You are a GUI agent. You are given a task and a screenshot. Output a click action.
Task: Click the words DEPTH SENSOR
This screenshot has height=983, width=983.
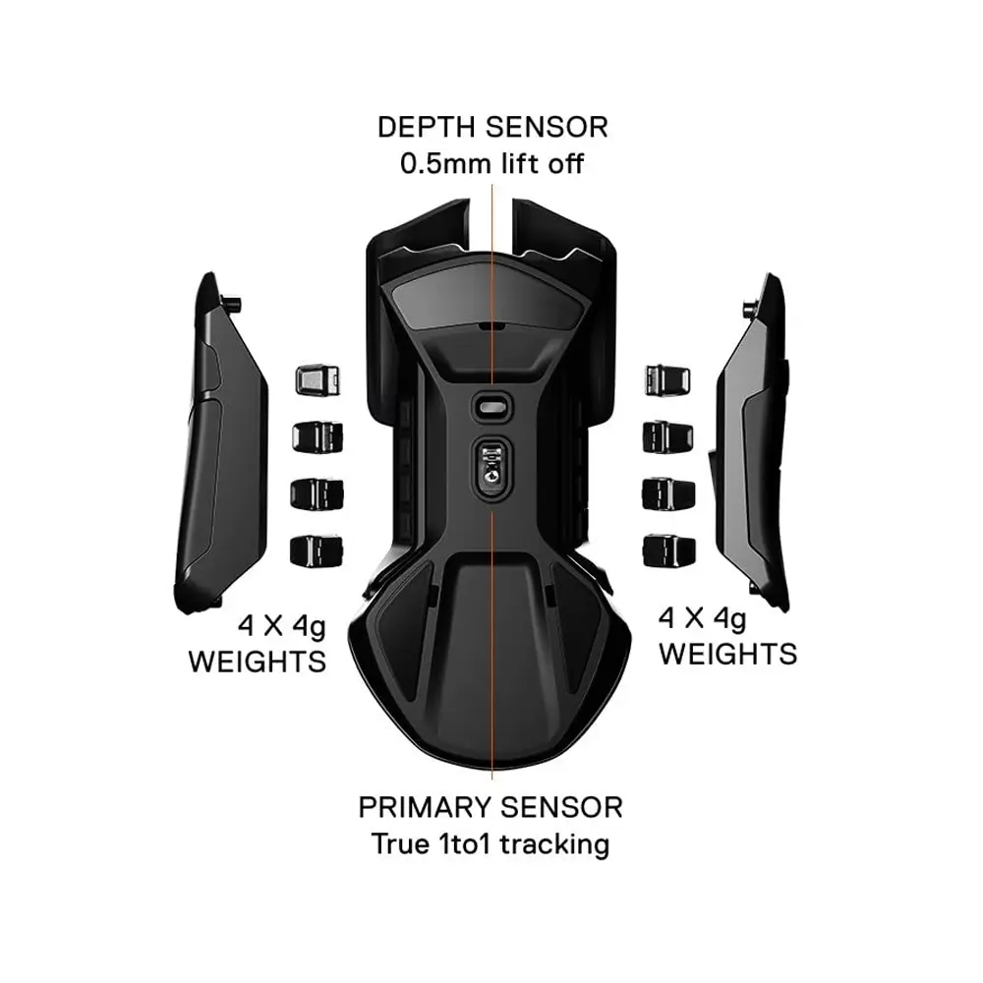(x=491, y=127)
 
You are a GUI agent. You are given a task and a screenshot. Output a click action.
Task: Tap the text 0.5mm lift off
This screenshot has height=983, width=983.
(x=491, y=163)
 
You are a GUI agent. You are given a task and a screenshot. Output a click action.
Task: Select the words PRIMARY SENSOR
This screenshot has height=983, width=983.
(x=491, y=808)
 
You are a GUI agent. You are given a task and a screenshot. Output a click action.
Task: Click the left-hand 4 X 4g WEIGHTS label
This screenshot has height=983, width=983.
(x=257, y=642)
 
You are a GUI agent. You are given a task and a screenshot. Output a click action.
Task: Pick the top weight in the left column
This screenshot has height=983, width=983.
(x=316, y=378)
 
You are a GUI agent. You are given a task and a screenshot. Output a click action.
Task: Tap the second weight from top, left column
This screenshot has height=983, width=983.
(x=316, y=435)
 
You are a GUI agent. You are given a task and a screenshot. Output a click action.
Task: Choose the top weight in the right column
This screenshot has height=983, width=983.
(x=665, y=378)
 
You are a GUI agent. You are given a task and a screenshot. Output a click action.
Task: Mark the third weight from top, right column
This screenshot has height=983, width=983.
(x=665, y=491)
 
